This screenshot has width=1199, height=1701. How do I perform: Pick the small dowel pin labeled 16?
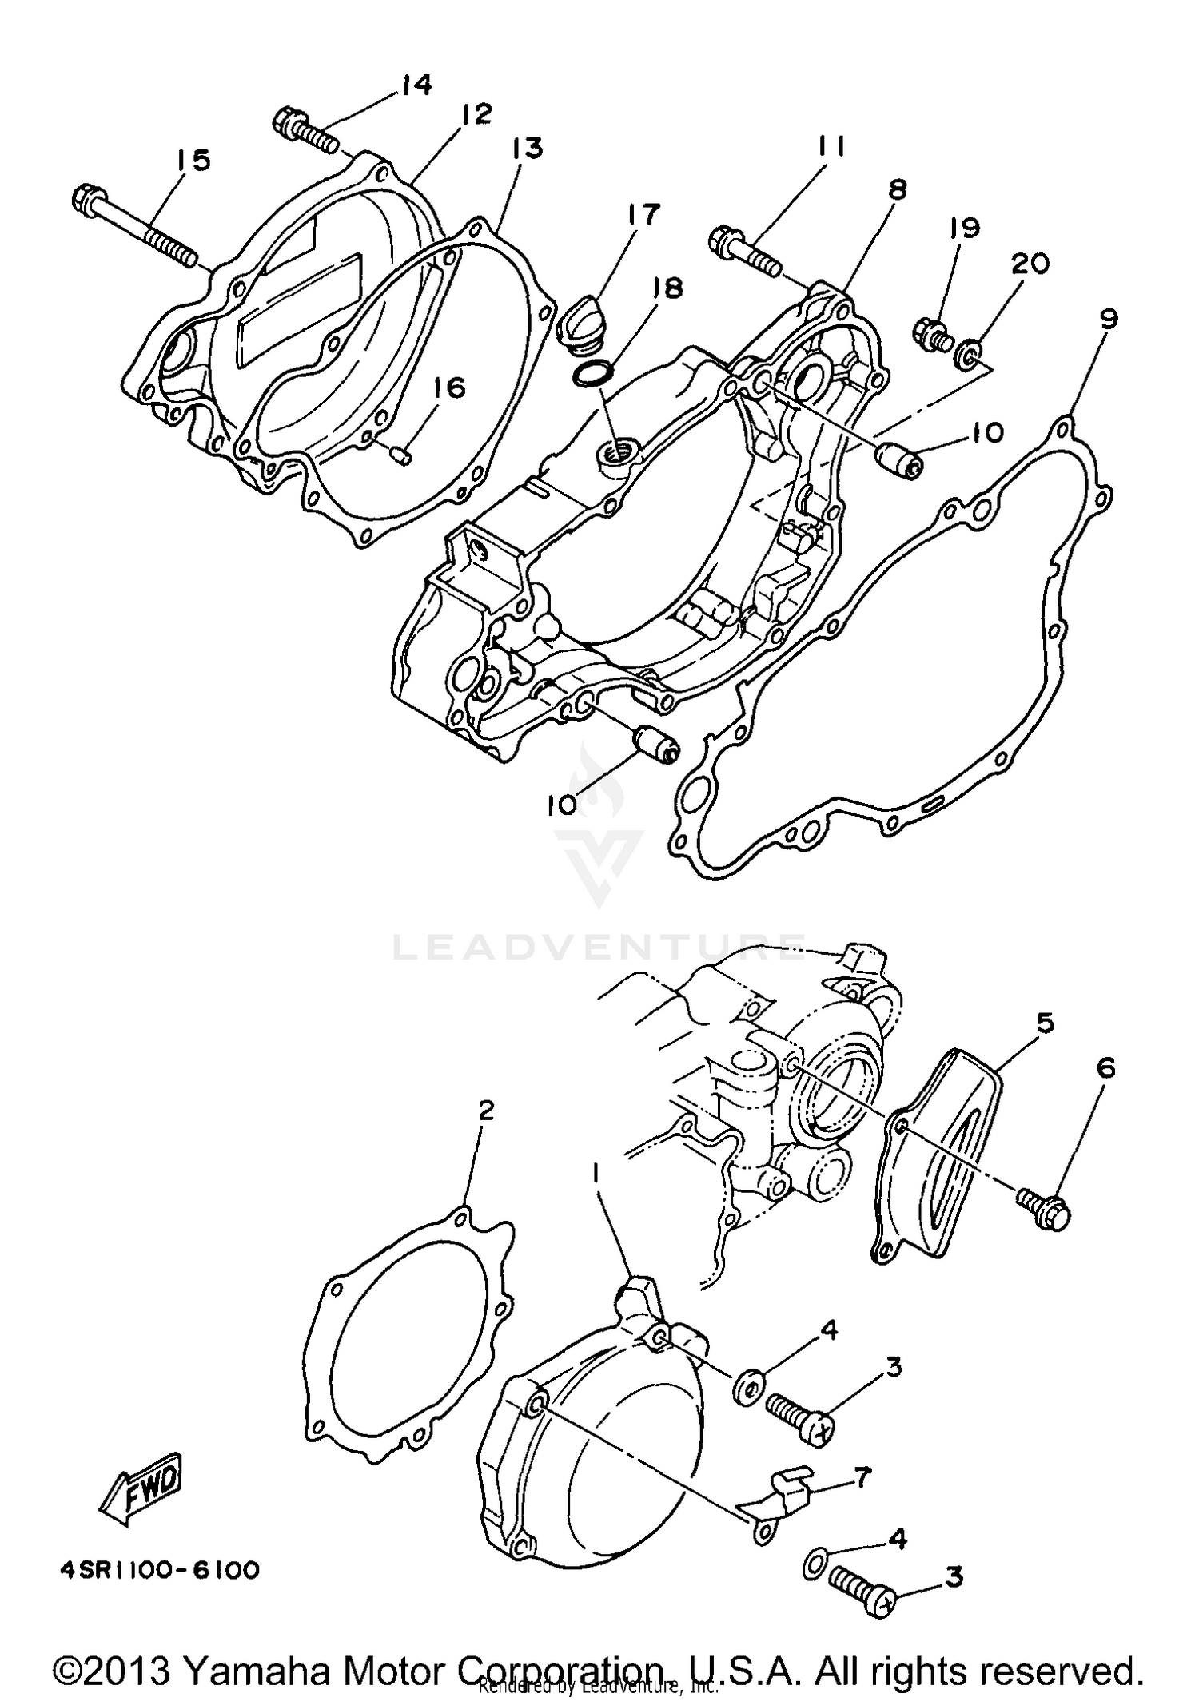(x=401, y=455)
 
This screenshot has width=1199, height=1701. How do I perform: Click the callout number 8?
(x=898, y=190)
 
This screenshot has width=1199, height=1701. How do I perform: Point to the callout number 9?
(x=1108, y=320)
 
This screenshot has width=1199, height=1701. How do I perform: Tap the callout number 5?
(x=1045, y=1023)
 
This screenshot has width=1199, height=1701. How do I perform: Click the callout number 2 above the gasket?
(x=486, y=1110)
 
